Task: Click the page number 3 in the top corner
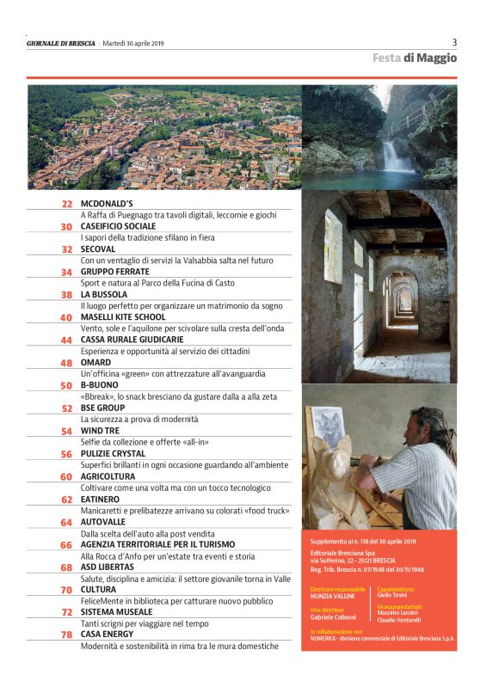(454, 42)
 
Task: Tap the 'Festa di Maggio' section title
(415, 58)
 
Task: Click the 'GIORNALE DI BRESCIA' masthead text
(61, 43)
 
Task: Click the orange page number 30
(66, 226)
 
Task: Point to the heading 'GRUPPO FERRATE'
(114, 272)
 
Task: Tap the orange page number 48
(66, 363)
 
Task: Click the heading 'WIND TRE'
(100, 431)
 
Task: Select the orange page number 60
(66, 476)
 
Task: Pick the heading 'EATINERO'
(100, 499)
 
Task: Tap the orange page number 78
(66, 635)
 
